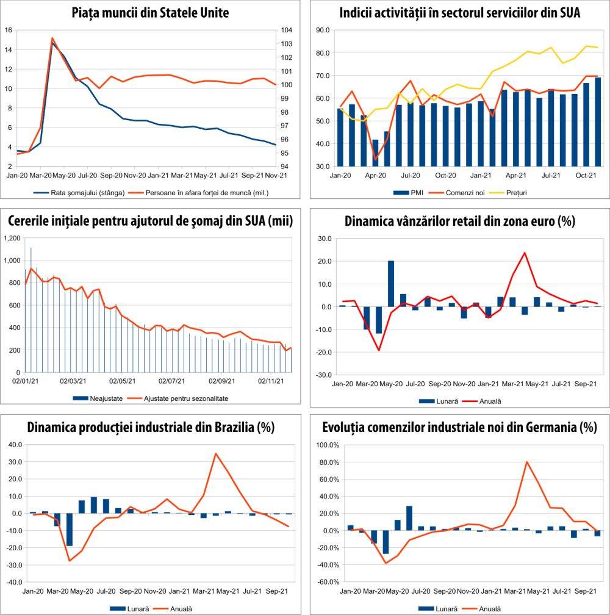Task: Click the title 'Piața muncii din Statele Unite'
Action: tap(150, 12)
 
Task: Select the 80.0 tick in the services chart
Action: tap(322, 53)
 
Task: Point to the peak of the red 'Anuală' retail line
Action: tap(524, 253)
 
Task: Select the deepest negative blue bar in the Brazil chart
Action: tap(70, 530)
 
